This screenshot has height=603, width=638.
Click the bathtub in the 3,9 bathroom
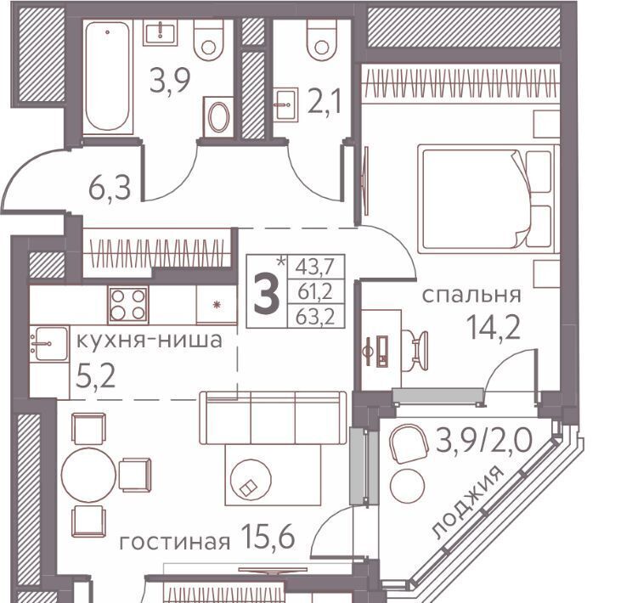click(108, 77)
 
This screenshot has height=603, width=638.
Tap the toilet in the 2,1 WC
click(322, 40)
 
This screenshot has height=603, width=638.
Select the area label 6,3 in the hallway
click(110, 189)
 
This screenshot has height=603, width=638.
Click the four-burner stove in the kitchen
click(128, 304)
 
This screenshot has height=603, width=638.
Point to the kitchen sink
click(48, 343)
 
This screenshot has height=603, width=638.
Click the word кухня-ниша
click(150, 341)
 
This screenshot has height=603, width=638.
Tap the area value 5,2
click(96, 376)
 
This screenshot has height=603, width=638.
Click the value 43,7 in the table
click(315, 268)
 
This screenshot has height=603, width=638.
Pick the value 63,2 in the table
click(315, 317)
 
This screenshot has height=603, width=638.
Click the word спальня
click(471, 295)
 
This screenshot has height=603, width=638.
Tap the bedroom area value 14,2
click(493, 328)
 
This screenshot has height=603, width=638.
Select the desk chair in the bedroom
click(415, 350)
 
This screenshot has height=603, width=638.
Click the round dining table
click(88, 475)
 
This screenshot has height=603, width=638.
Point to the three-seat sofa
click(273, 418)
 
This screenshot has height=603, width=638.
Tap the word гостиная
click(175, 543)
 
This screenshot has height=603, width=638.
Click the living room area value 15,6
click(268, 535)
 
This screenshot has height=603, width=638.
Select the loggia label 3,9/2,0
click(483, 441)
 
